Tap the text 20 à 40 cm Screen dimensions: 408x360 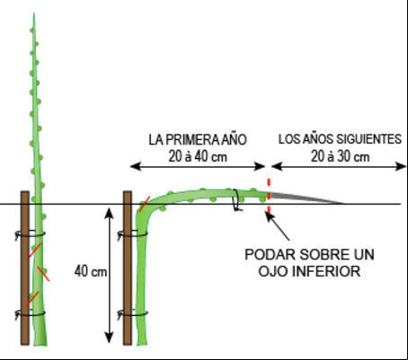coord(198,157)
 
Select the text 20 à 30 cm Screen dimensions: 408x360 coord(340,157)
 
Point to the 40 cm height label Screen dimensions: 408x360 coord(91,271)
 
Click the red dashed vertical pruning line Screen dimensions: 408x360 coord(269,196)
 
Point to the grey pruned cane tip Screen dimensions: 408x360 coord(306,198)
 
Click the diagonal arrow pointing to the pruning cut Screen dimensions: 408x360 coord(278,226)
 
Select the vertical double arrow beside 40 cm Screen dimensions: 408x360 coord(110,275)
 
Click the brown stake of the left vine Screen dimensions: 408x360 coord(25,268)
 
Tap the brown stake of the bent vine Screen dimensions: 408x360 coord(128,268)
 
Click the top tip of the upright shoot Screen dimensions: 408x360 coord(34,13)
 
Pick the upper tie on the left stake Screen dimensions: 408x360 coord(30,233)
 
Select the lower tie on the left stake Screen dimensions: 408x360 coord(30,314)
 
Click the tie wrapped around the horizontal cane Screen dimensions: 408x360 coord(236,200)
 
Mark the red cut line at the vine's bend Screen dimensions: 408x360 coord(144,204)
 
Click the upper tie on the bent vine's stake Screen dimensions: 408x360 coord(132,234)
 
